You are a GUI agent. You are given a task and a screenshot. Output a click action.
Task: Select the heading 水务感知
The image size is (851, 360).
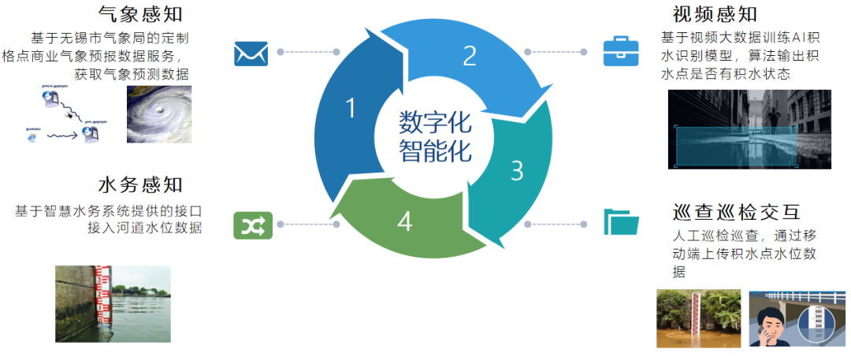pos(141,185)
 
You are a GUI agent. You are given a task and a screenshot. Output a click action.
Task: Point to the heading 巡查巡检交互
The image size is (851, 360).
pos(737,213)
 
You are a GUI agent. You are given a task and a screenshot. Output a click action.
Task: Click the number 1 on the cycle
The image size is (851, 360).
pos(351,109)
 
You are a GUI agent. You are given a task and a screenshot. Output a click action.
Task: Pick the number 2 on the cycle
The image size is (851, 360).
pos(470,55)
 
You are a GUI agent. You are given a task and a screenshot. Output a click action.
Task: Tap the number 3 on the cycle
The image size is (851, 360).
pos(517,170)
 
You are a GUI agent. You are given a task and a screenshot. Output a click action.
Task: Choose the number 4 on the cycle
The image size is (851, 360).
pos(404,223)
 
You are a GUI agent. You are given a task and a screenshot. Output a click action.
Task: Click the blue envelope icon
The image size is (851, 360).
pos(251,53)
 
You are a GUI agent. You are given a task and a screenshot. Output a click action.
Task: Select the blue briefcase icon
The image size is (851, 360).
pos(621,51)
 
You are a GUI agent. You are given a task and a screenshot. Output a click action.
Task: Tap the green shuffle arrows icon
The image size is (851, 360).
pos(251,226)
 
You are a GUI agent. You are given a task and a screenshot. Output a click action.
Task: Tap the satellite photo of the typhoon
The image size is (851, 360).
pos(159,114)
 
